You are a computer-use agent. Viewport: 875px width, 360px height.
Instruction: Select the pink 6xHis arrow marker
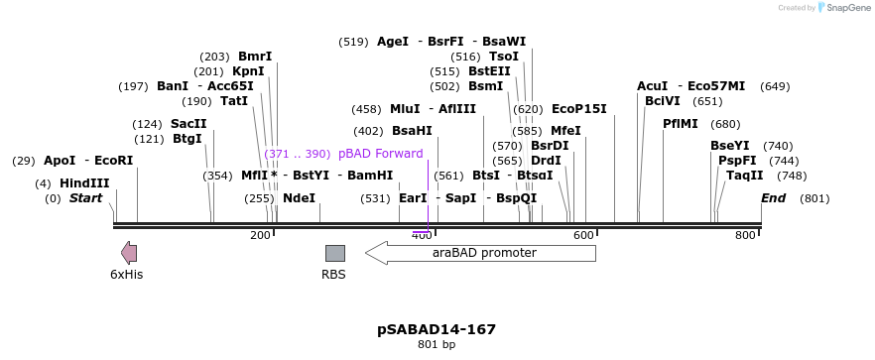[x=129, y=253]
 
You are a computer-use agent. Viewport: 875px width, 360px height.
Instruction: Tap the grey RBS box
[x=334, y=253]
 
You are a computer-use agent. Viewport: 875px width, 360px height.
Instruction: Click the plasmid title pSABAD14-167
[x=437, y=329]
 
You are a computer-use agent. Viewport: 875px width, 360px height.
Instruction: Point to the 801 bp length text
[x=437, y=345]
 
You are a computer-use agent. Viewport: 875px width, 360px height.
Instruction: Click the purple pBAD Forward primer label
[x=380, y=154]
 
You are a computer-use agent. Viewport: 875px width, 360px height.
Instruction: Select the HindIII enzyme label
[x=84, y=183]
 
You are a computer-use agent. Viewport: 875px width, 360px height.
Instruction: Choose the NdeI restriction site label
[x=299, y=198]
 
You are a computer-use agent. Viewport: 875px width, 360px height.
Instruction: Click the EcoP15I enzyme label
[x=578, y=109]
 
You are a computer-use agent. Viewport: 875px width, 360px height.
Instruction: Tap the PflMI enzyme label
[x=681, y=124]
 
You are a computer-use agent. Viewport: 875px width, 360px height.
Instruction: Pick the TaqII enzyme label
[x=745, y=176]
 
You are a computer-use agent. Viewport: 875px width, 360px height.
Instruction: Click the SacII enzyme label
[x=188, y=124]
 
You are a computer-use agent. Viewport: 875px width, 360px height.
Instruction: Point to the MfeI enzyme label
[x=565, y=131]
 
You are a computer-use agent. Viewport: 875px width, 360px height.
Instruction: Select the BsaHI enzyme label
[x=412, y=131]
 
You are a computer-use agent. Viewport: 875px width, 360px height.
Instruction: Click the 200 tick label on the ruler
[x=260, y=235]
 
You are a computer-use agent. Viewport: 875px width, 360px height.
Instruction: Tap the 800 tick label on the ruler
[x=745, y=235]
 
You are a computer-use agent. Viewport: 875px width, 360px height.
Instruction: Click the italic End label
[x=773, y=198]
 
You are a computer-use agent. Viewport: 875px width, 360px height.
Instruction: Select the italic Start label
[x=85, y=198]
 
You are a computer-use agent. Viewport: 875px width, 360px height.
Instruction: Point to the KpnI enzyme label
[x=248, y=71]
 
